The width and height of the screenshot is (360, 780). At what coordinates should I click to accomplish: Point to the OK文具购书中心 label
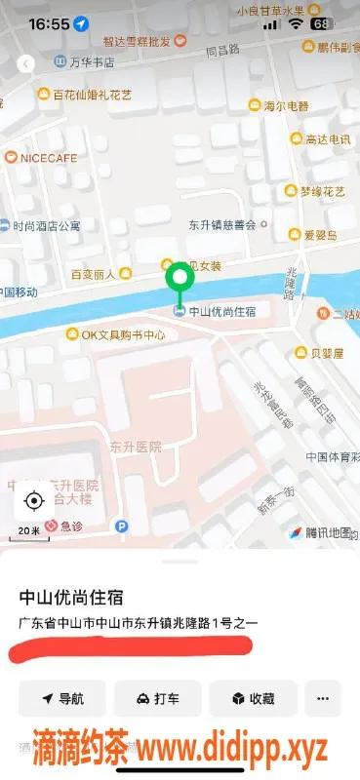[x=115, y=334]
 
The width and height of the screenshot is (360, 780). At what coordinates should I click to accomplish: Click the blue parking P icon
[x=122, y=526]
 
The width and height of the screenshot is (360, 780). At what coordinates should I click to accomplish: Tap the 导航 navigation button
[x=62, y=698]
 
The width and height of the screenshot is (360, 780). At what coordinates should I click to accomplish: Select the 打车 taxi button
[x=158, y=698]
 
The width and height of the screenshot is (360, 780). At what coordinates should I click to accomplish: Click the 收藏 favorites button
[x=253, y=698]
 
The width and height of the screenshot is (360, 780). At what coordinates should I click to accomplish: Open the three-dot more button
[x=323, y=698]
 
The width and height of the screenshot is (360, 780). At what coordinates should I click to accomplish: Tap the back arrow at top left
[x=26, y=63]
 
